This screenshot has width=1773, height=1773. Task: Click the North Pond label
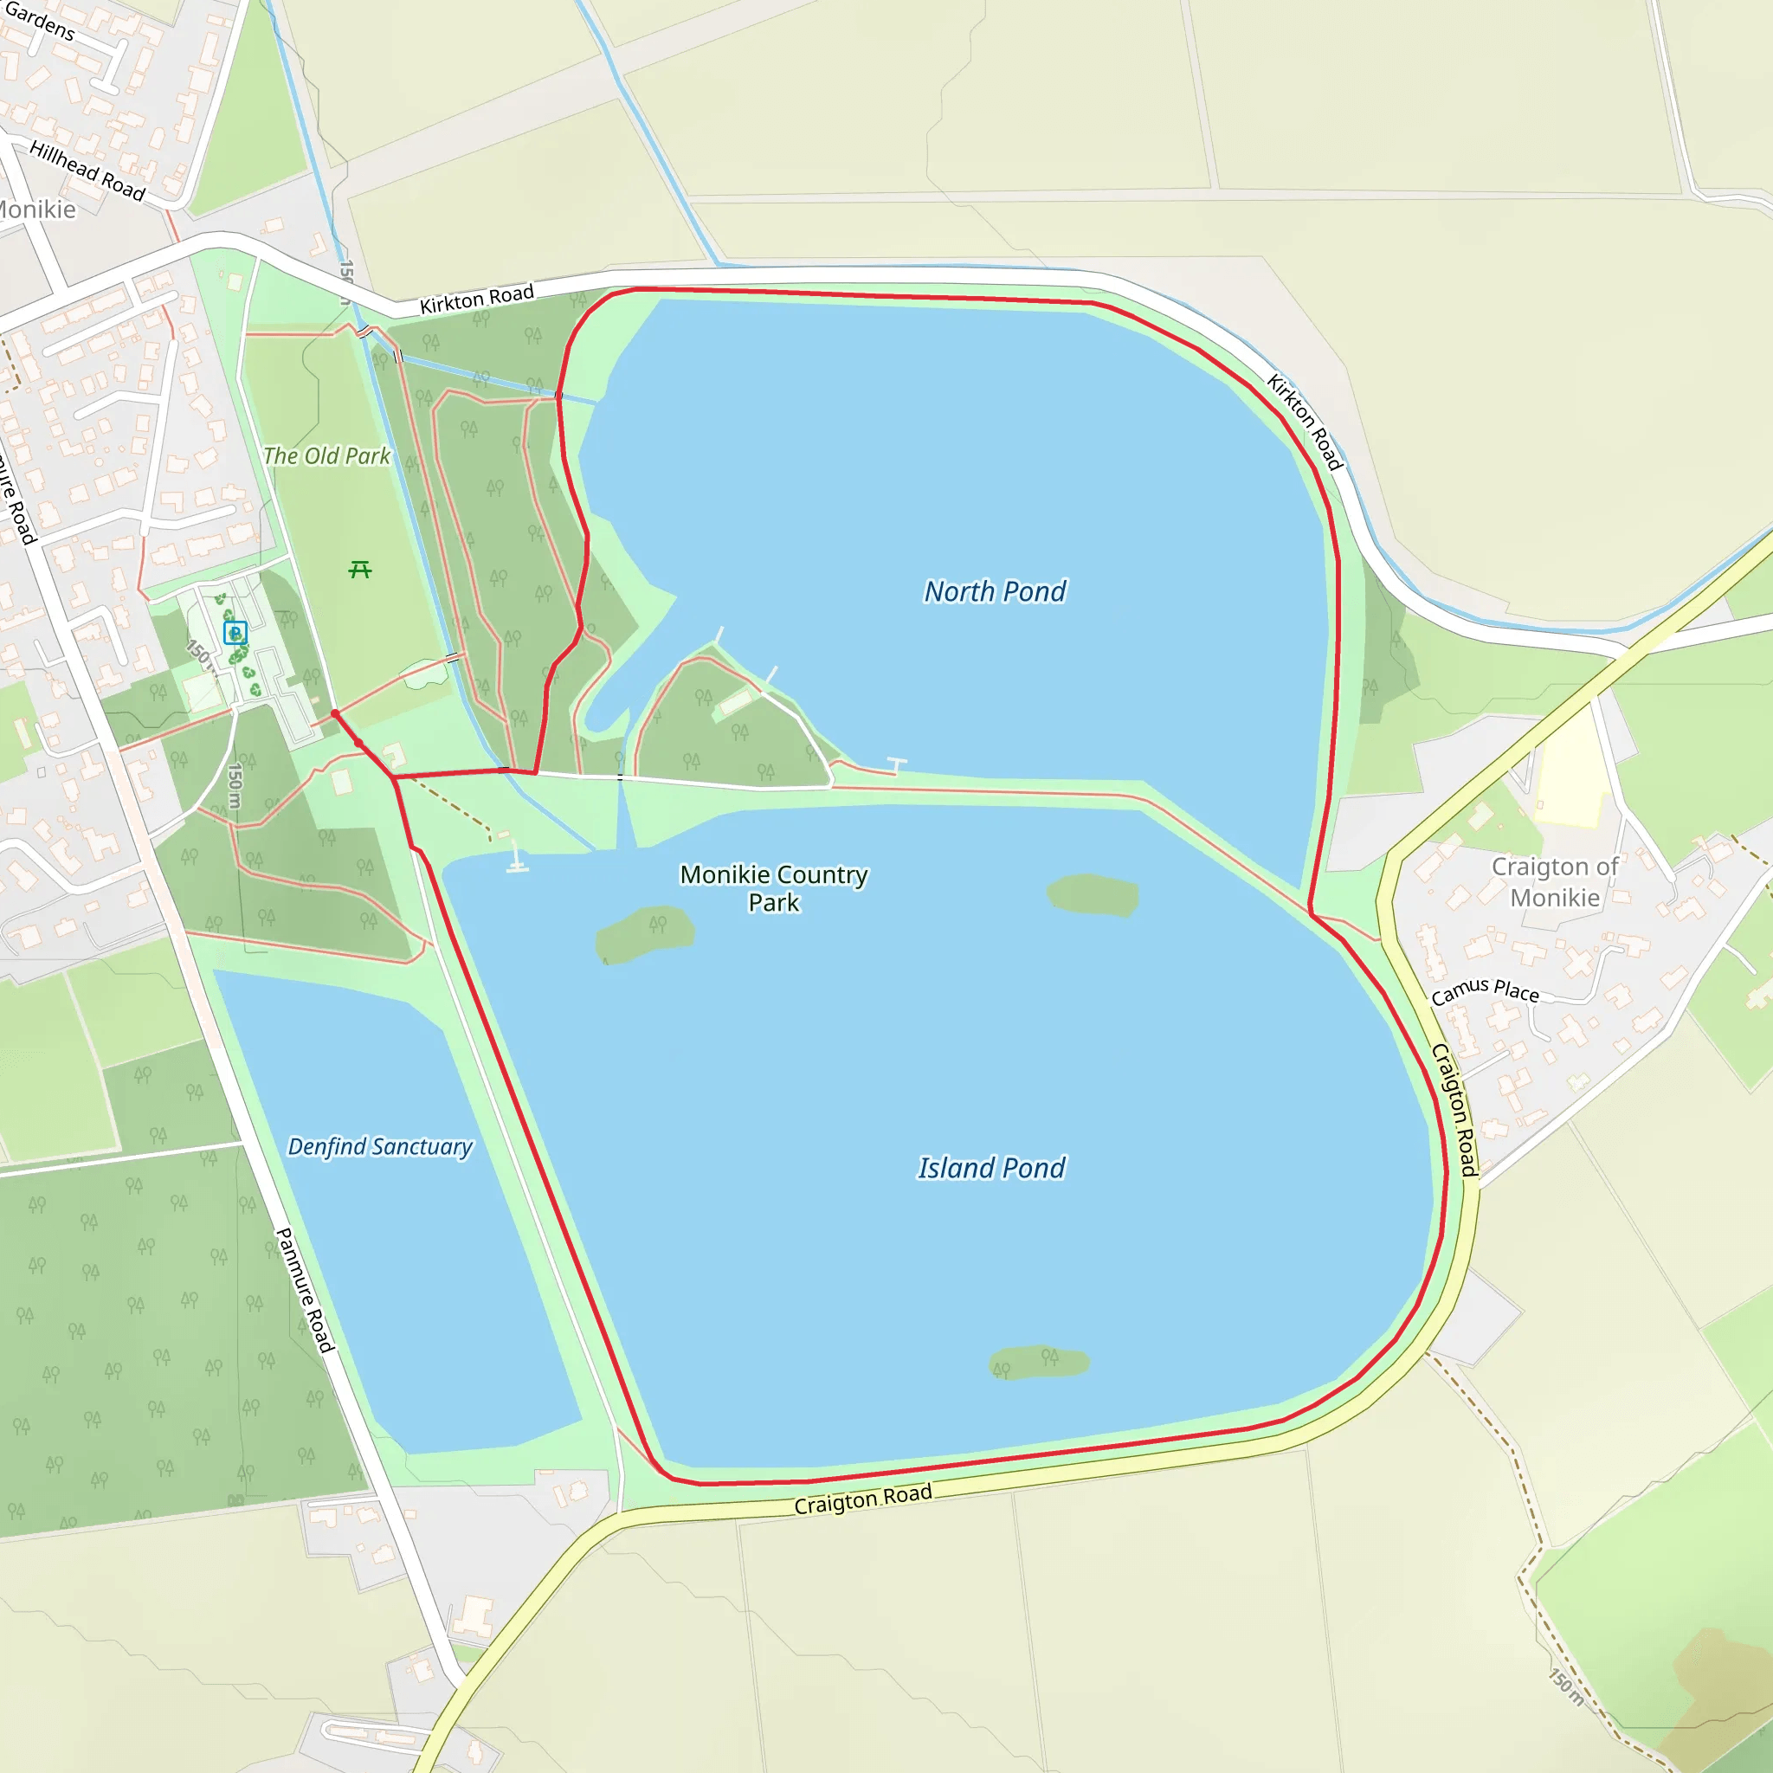point(995,592)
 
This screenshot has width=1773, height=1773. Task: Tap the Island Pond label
point(991,1168)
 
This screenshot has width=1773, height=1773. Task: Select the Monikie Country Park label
point(774,888)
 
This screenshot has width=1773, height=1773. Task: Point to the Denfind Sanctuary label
point(380,1147)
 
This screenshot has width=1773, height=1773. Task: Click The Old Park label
point(326,456)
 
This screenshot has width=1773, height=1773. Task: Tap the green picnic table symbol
point(360,571)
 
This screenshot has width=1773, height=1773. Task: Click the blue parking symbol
point(235,632)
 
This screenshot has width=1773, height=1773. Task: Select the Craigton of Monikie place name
point(1555,882)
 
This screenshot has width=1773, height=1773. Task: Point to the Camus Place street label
point(1485,991)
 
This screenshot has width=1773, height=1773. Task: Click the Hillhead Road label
point(87,171)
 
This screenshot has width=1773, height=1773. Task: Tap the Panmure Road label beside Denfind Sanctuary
point(306,1290)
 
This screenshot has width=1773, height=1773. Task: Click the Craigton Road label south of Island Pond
point(862,1499)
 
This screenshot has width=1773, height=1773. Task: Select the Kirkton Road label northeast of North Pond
point(1304,422)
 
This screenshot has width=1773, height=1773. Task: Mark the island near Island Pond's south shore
point(1039,1364)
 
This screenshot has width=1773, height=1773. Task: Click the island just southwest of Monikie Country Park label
point(644,933)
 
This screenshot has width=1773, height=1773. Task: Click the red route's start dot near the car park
point(335,713)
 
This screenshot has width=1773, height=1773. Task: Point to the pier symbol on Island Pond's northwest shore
point(517,860)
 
